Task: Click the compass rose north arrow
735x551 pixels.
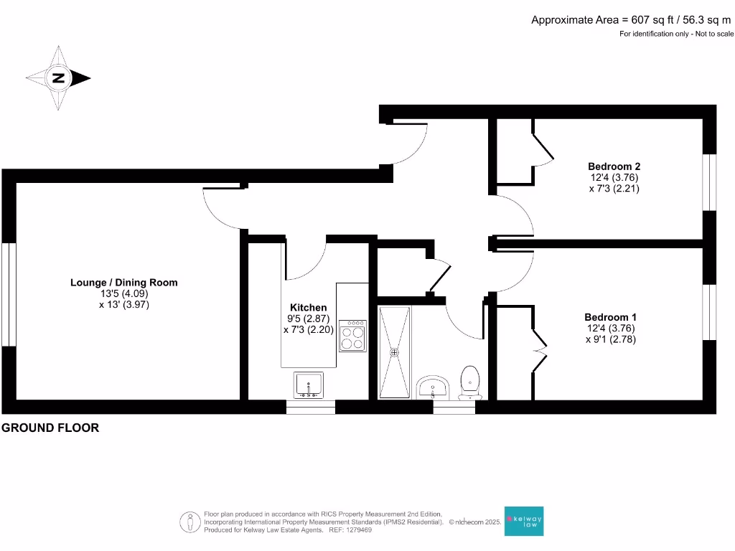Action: click(x=58, y=78)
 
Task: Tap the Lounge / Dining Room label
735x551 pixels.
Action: click(x=123, y=283)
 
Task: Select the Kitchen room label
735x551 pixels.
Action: click(x=308, y=307)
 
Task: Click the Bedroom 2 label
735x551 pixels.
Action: click(x=614, y=166)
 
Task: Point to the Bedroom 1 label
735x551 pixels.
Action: click(x=610, y=317)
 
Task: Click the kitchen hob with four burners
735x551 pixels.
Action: click(x=352, y=335)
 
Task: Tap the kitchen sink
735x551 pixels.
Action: click(x=309, y=385)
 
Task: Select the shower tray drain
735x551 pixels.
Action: click(x=394, y=352)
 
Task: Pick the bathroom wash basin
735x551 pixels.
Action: click(x=433, y=387)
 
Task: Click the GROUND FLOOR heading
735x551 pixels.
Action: click(x=50, y=428)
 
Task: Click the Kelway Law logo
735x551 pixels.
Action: click(x=524, y=522)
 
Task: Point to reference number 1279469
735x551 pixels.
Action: click(x=358, y=530)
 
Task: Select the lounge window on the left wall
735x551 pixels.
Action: click(x=9, y=294)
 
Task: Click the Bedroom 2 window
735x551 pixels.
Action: click(x=709, y=182)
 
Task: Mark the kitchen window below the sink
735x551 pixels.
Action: click(x=310, y=408)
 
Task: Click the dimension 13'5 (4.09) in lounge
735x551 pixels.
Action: click(x=123, y=293)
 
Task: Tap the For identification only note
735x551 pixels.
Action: click(x=676, y=34)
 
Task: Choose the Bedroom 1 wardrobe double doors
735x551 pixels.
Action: click(x=539, y=351)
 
